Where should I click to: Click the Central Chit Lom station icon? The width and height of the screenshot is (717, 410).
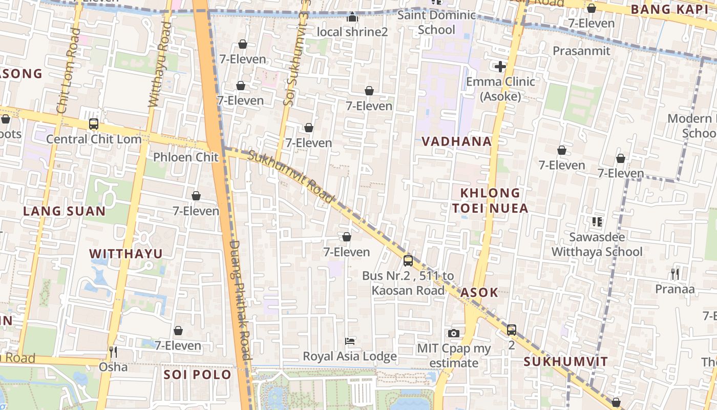pos(93,124)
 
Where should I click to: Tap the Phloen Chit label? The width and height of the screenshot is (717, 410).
pos(185,157)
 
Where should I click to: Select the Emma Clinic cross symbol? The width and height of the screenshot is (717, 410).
pos(500,67)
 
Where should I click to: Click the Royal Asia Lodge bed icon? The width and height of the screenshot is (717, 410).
pos(350,341)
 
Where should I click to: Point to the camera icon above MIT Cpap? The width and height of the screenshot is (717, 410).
pos(453,334)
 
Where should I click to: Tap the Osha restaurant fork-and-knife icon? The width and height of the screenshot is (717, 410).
pos(113,352)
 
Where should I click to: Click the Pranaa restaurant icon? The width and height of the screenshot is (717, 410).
pos(674,274)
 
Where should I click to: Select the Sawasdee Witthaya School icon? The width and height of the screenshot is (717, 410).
pos(597,222)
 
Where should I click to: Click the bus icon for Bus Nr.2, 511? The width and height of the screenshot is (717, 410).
pos(408,260)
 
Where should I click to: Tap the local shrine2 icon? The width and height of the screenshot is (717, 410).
pos(352,17)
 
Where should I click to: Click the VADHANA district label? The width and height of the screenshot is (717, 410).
pos(456,141)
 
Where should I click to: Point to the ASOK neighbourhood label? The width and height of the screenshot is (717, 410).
pos(479,293)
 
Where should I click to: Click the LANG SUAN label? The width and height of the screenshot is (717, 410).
pos(64,211)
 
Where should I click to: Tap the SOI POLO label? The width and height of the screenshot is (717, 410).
pos(197,375)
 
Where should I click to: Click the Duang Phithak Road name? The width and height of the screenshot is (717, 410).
pos(239,300)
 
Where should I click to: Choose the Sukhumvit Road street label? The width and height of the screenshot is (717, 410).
pos(291,176)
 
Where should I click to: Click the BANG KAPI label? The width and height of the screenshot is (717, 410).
pos(669,9)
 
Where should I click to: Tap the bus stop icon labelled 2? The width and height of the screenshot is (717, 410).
pos(511,330)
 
